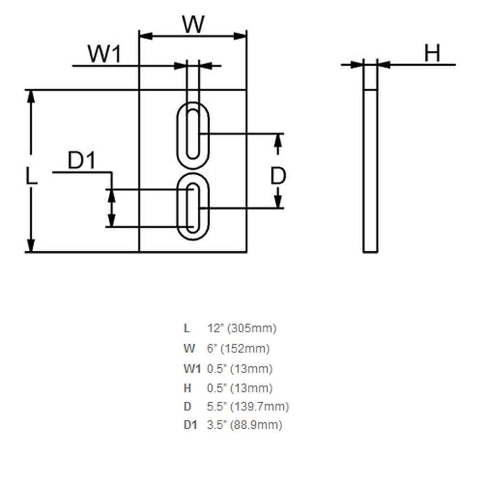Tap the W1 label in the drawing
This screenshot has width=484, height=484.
click(104, 54)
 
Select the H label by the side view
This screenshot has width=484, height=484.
click(432, 53)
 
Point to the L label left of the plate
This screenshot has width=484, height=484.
click(31, 176)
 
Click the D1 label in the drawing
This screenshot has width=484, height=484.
click(81, 160)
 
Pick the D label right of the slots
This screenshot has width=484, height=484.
click(278, 176)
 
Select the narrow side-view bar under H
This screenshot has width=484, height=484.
click(370, 171)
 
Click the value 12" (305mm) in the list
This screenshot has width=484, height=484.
click(242, 328)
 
